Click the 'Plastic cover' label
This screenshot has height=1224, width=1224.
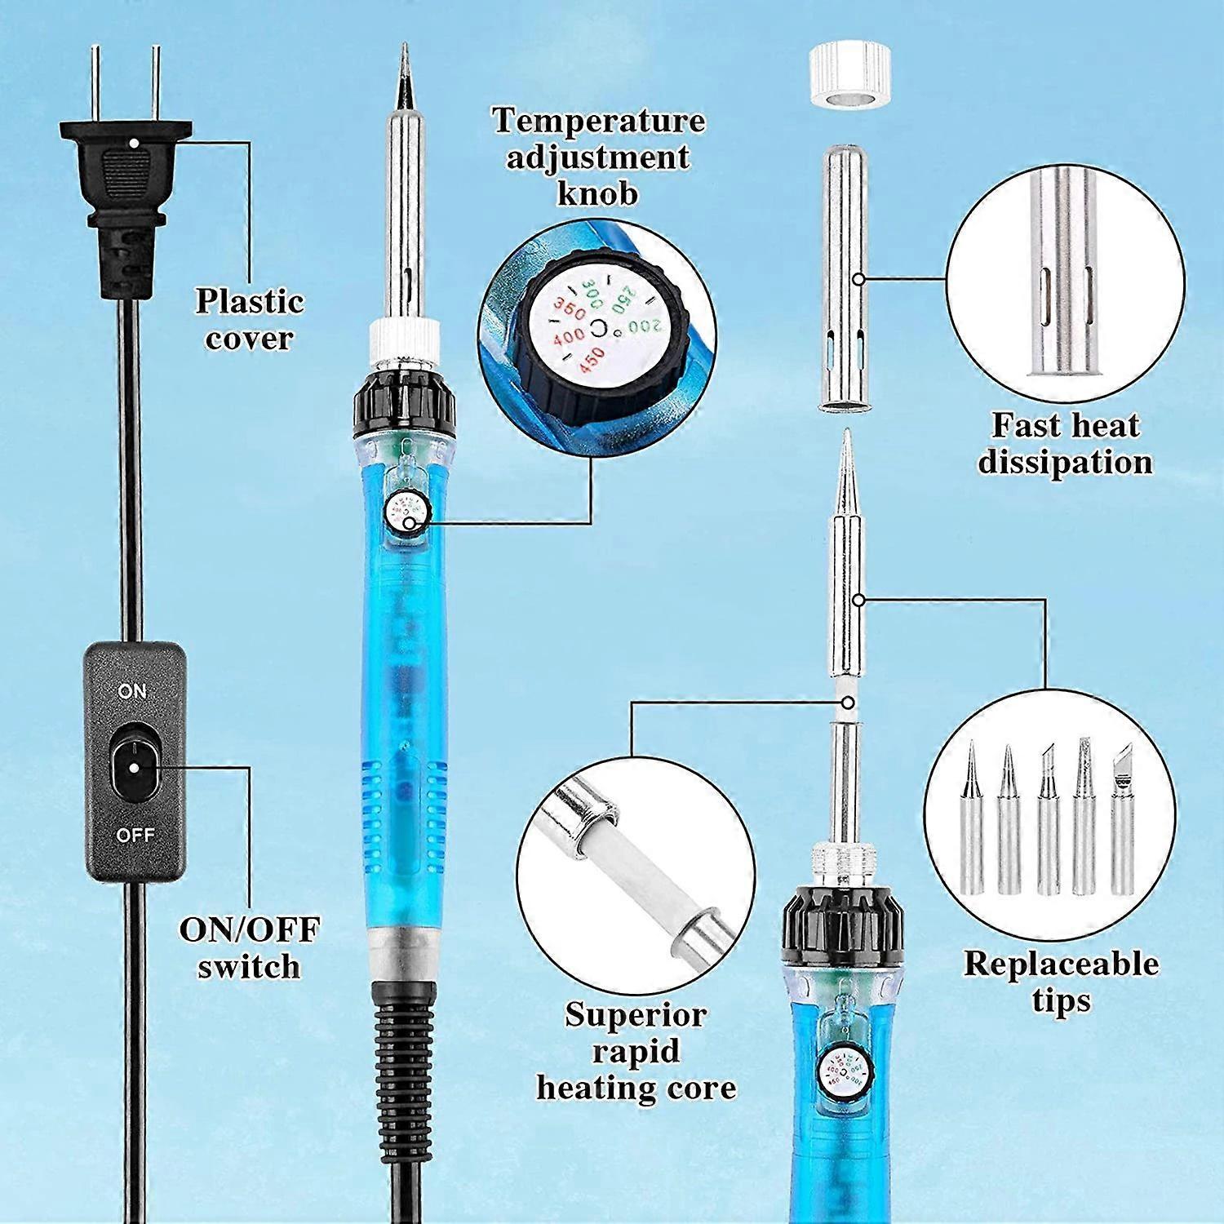[x=249, y=319]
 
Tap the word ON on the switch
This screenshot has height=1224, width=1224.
[x=131, y=691]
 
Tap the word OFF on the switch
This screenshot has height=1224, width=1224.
[x=135, y=835]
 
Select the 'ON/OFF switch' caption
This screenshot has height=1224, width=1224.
[x=249, y=947]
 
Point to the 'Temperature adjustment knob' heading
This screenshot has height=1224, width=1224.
[x=598, y=157]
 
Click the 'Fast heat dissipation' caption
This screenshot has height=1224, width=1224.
[x=1065, y=443]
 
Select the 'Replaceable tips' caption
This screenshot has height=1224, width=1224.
[x=1061, y=982]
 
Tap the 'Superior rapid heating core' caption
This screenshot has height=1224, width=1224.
[x=636, y=1051]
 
